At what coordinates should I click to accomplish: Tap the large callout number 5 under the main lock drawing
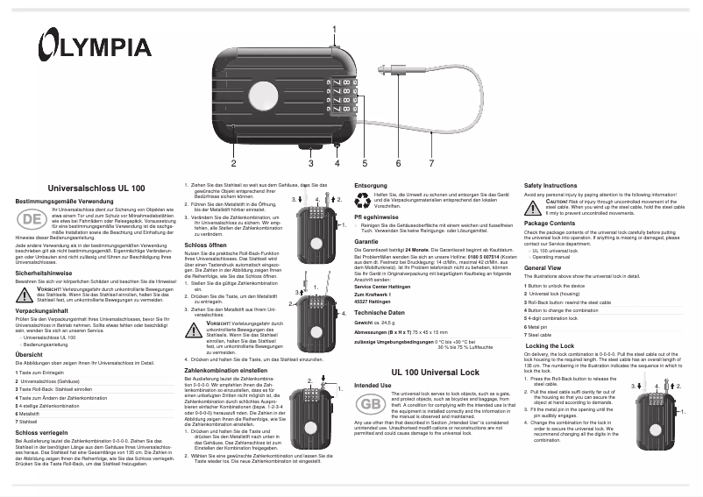[365, 163]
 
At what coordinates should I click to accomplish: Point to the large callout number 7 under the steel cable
[430, 163]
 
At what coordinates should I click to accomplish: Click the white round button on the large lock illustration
[262, 95]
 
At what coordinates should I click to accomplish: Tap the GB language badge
[371, 405]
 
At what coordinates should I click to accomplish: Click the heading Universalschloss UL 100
[95, 188]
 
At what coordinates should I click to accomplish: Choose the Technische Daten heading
[380, 312]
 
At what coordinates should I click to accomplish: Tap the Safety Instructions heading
[550, 186]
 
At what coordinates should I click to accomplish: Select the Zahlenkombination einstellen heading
[227, 371]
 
